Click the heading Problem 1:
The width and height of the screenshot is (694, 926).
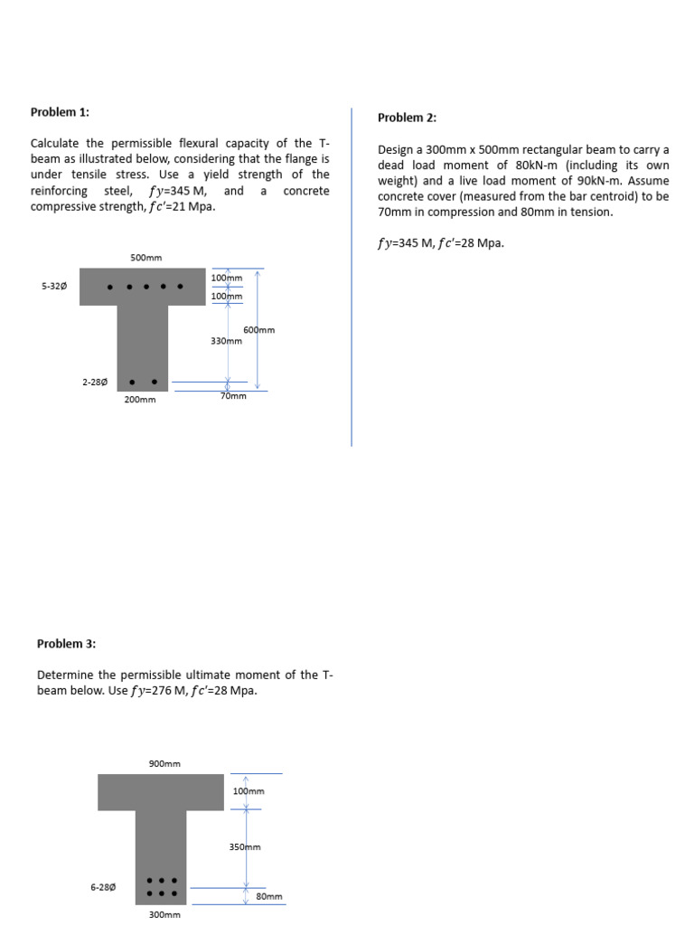click(x=60, y=112)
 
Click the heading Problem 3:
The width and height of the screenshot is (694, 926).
click(x=66, y=644)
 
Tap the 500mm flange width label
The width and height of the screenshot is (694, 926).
click(x=145, y=258)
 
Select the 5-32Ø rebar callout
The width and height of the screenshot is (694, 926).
click(x=54, y=286)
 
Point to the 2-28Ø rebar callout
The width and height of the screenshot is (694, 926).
click(x=97, y=382)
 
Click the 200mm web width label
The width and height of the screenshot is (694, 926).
click(x=140, y=399)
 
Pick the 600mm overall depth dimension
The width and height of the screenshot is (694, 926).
click(x=258, y=330)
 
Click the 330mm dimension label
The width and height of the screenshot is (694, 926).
click(x=226, y=341)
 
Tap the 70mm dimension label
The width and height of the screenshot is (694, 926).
click(x=233, y=396)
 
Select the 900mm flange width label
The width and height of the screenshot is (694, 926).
click(x=164, y=763)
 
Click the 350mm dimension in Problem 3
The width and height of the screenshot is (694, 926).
click(x=246, y=847)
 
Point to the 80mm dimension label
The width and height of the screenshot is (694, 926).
click(x=268, y=896)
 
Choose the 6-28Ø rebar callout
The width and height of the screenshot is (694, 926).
click(x=102, y=887)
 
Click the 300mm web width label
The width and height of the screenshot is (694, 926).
click(x=164, y=914)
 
